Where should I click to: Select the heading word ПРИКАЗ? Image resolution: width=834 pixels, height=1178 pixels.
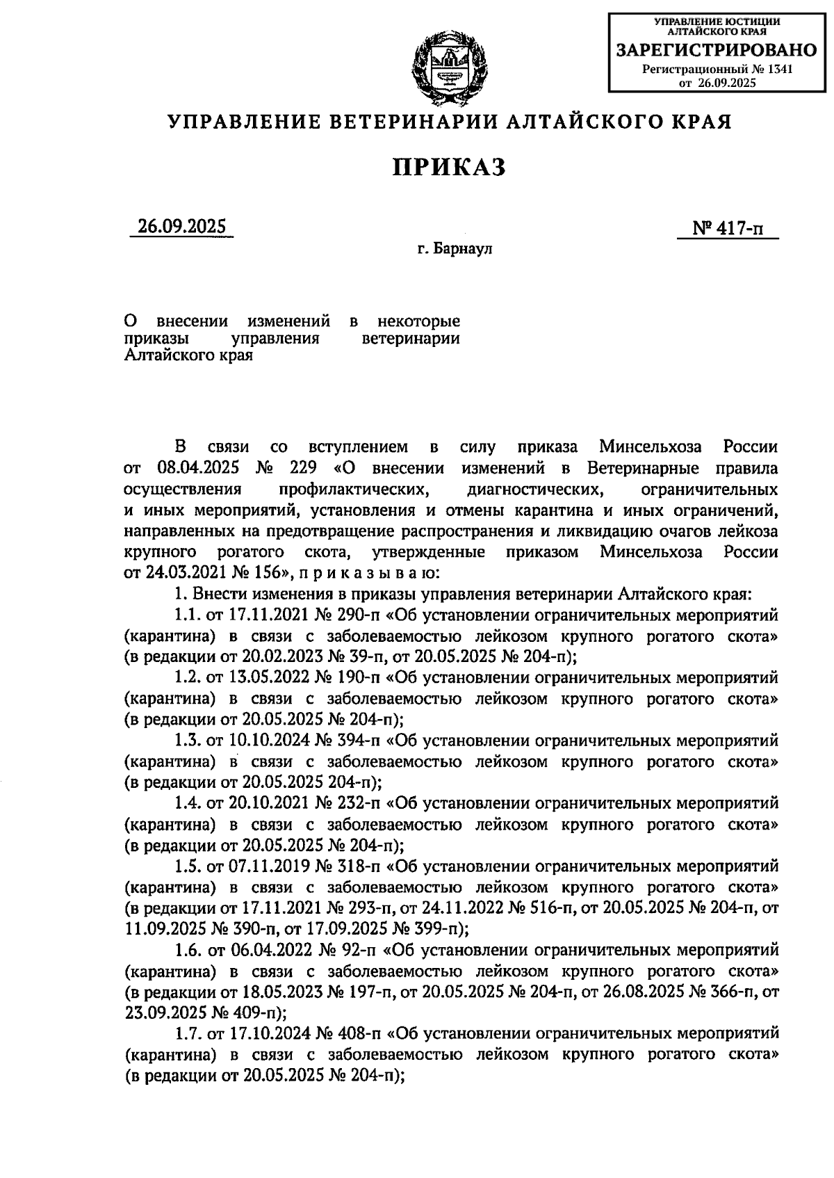[x=450, y=167]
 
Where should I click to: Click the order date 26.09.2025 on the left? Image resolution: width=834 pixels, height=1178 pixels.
[x=181, y=227]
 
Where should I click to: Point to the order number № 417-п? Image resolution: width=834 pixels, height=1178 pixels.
[x=727, y=228]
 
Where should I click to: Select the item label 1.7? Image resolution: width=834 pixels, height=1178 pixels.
[x=186, y=1033]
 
